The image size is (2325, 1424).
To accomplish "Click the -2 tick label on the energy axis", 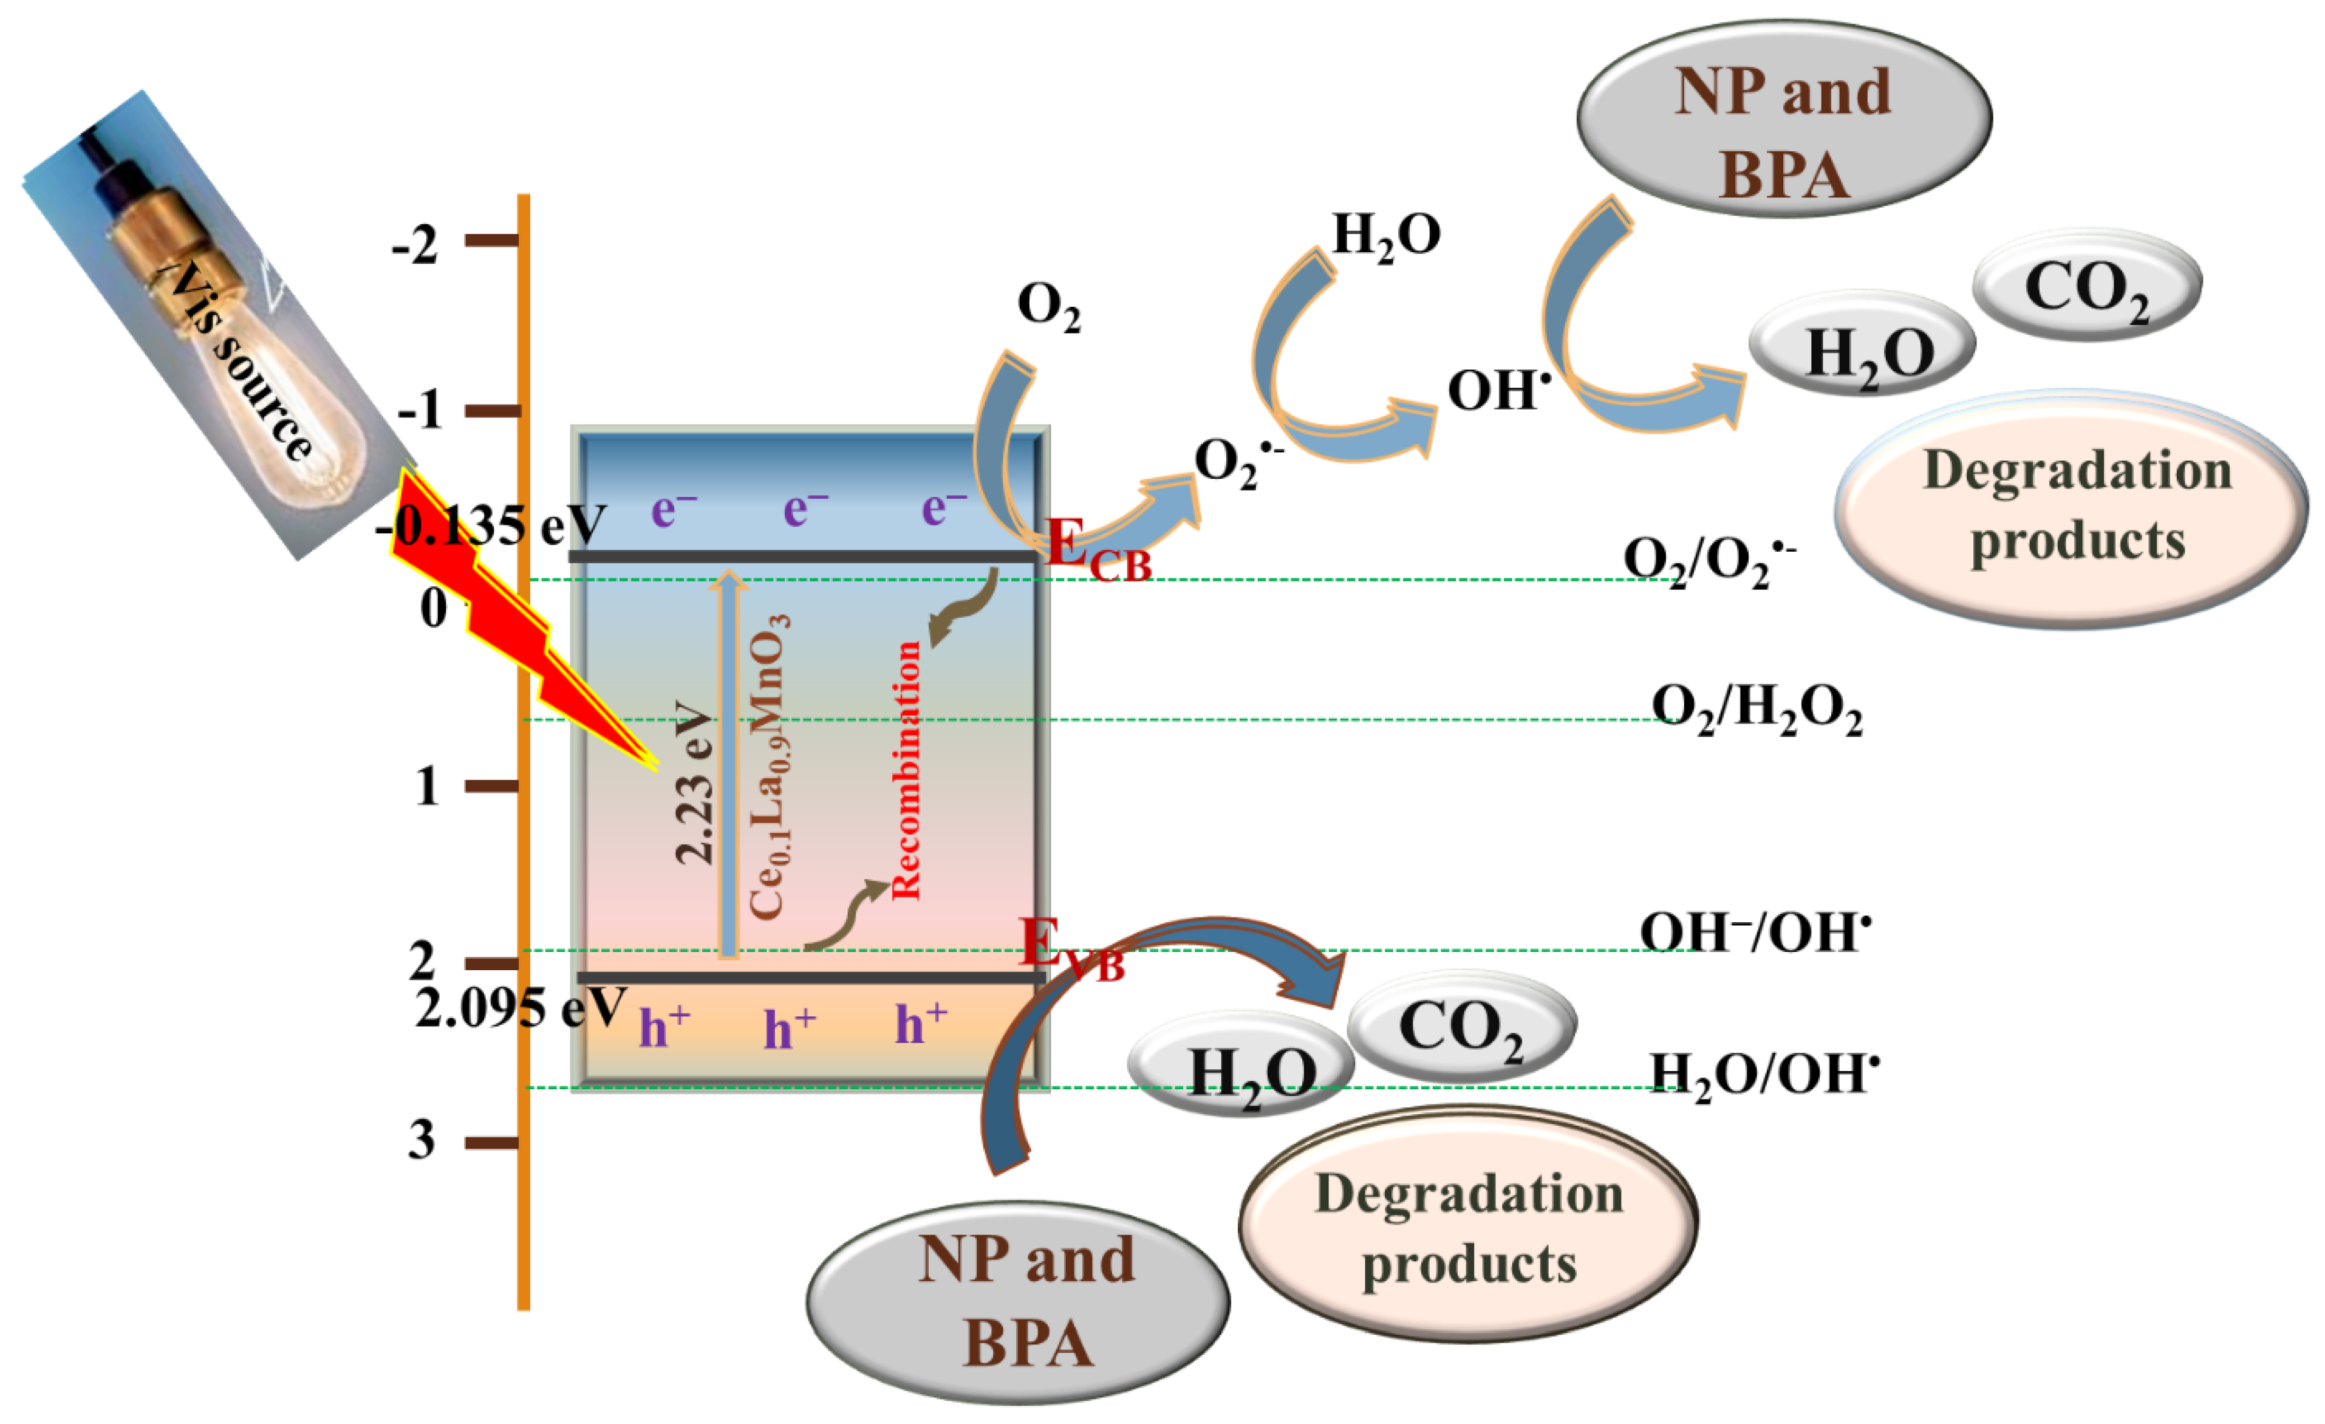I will pos(415,245).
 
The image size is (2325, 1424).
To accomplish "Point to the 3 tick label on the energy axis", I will pos(422,1140).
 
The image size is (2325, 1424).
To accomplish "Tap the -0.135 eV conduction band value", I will pos(491,525).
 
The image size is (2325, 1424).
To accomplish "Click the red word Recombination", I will pos(905,769).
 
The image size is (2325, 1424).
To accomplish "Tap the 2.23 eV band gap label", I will pos(695,782).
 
